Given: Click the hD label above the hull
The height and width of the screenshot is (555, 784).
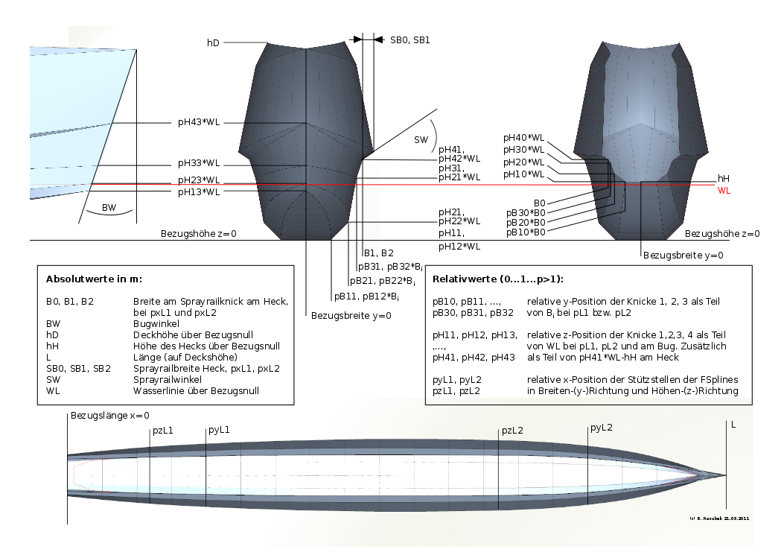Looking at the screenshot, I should (213, 43).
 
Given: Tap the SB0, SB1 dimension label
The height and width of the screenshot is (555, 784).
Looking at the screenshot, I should (409, 39).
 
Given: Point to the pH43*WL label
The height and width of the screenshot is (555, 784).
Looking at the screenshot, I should (199, 123).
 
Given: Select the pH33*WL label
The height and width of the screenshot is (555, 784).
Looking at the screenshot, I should (199, 163).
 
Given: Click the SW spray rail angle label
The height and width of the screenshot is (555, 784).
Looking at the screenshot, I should (421, 139).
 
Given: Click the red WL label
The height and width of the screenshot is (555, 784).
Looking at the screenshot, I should (724, 191).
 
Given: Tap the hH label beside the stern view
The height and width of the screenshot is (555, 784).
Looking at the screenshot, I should (723, 179).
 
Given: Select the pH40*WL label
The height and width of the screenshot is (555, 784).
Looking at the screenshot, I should (524, 137).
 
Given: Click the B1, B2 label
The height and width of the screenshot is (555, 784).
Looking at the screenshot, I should (378, 253).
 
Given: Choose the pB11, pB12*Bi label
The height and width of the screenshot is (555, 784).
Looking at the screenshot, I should (366, 296).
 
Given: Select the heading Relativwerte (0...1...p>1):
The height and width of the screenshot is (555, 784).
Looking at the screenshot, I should (498, 279).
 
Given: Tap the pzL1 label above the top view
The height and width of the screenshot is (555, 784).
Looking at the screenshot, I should (163, 431).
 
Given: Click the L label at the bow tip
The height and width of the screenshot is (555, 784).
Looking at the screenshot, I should (733, 425).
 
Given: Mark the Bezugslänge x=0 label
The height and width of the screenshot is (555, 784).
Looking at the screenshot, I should (110, 415).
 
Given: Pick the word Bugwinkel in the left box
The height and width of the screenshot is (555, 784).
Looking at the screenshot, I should (143, 325).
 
